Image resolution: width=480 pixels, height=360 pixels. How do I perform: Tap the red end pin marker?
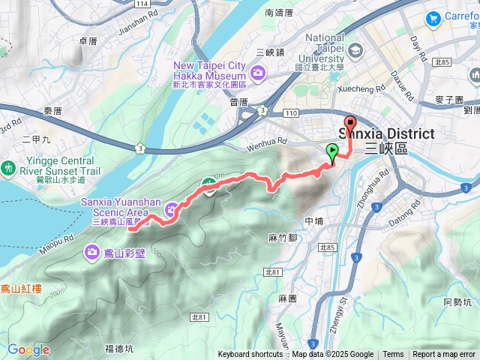pyautogui.click(x=349, y=124)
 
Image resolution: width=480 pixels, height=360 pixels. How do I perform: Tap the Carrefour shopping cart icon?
pyautogui.click(x=433, y=18)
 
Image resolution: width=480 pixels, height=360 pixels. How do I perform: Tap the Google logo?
pyautogui.click(x=28, y=349)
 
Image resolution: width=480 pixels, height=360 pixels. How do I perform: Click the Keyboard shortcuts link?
pyautogui.click(x=250, y=355)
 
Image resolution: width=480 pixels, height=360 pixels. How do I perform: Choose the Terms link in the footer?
pyautogui.click(x=393, y=355)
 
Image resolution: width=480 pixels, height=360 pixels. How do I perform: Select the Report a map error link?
pyautogui.click(x=444, y=355)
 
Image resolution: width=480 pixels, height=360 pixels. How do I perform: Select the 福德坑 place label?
pyautogui.click(x=119, y=348)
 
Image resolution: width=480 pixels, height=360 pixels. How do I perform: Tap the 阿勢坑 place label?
pyautogui.click(x=457, y=302)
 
